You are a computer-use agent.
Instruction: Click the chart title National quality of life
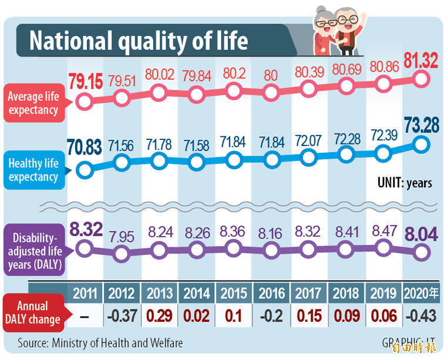[x=139, y=42]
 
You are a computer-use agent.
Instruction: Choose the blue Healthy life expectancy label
[x=34, y=169]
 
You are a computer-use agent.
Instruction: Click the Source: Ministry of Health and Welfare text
[x=100, y=342]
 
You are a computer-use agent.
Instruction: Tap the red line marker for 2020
[x=421, y=78]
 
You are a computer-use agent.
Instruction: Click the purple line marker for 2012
[x=122, y=254]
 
